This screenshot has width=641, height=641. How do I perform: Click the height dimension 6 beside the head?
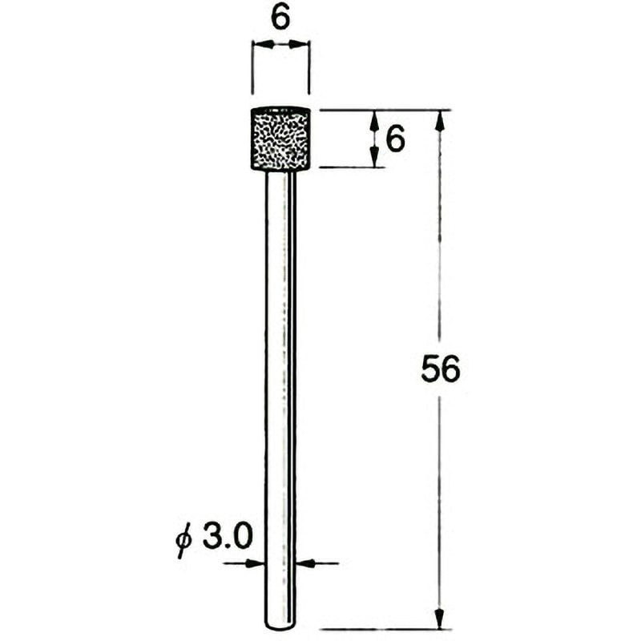395,139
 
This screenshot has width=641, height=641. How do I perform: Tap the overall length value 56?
440,369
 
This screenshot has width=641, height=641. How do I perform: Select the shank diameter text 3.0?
226,537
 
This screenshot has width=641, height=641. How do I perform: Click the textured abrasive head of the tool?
280,139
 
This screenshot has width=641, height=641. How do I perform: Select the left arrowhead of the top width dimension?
263,45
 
